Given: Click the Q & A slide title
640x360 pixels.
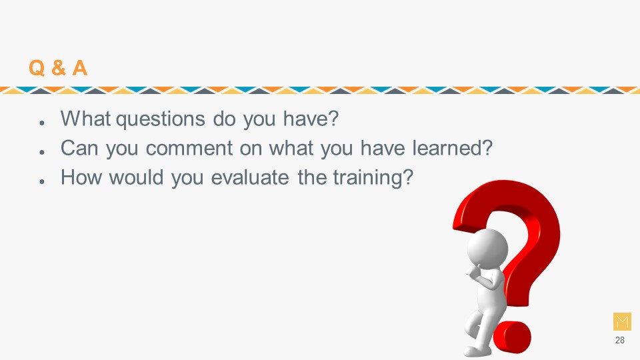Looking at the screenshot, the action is [x=58, y=68].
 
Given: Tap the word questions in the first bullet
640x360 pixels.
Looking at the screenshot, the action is [x=161, y=119].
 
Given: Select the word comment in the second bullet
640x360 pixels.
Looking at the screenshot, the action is [x=189, y=149].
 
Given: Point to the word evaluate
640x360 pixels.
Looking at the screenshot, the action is [x=250, y=177].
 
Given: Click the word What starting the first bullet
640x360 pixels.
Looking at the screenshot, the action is [x=86, y=119].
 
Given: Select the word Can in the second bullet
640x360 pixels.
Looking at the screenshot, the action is [x=79, y=148].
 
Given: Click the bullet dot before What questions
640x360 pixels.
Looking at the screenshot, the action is [x=41, y=123].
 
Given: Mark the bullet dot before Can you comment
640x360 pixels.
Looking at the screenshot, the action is [x=41, y=152].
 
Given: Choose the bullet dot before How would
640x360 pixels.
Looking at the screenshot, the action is [x=41, y=181].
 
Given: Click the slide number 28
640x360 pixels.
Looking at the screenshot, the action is [x=619, y=340].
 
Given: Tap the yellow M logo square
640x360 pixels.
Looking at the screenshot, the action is [x=622, y=321].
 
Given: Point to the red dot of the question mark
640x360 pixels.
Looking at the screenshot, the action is [x=512, y=336].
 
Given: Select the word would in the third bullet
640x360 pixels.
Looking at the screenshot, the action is [x=136, y=177].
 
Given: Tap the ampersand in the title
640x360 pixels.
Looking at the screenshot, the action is [x=59, y=68].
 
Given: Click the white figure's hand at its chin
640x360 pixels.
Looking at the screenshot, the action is [x=474, y=272].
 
